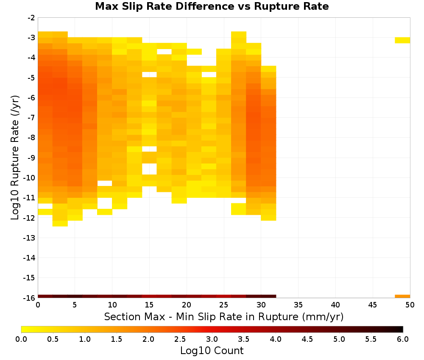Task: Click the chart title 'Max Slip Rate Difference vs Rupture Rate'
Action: [x=212, y=6]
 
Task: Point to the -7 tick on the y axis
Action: [x=31, y=118]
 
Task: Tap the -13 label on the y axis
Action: [x=30, y=238]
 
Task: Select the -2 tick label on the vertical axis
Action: [x=31, y=18]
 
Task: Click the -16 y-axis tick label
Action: [x=30, y=298]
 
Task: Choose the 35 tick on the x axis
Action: [x=298, y=305]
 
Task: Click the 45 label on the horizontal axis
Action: [x=373, y=305]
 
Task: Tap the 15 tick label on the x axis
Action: [x=149, y=305]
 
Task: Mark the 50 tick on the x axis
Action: [x=410, y=305]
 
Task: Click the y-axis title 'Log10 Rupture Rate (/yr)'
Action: [x=15, y=158]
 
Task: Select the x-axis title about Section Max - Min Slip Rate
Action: [x=224, y=317]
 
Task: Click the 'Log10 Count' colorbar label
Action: [x=212, y=351]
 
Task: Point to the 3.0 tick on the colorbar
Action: [x=212, y=339]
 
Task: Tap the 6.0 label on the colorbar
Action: [x=403, y=339]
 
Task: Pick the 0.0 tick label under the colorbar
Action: [x=21, y=339]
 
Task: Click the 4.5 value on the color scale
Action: [x=307, y=339]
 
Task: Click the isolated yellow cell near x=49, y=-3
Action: [x=402, y=40]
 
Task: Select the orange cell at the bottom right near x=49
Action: [x=402, y=296]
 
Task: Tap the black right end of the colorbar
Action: [x=401, y=329]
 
